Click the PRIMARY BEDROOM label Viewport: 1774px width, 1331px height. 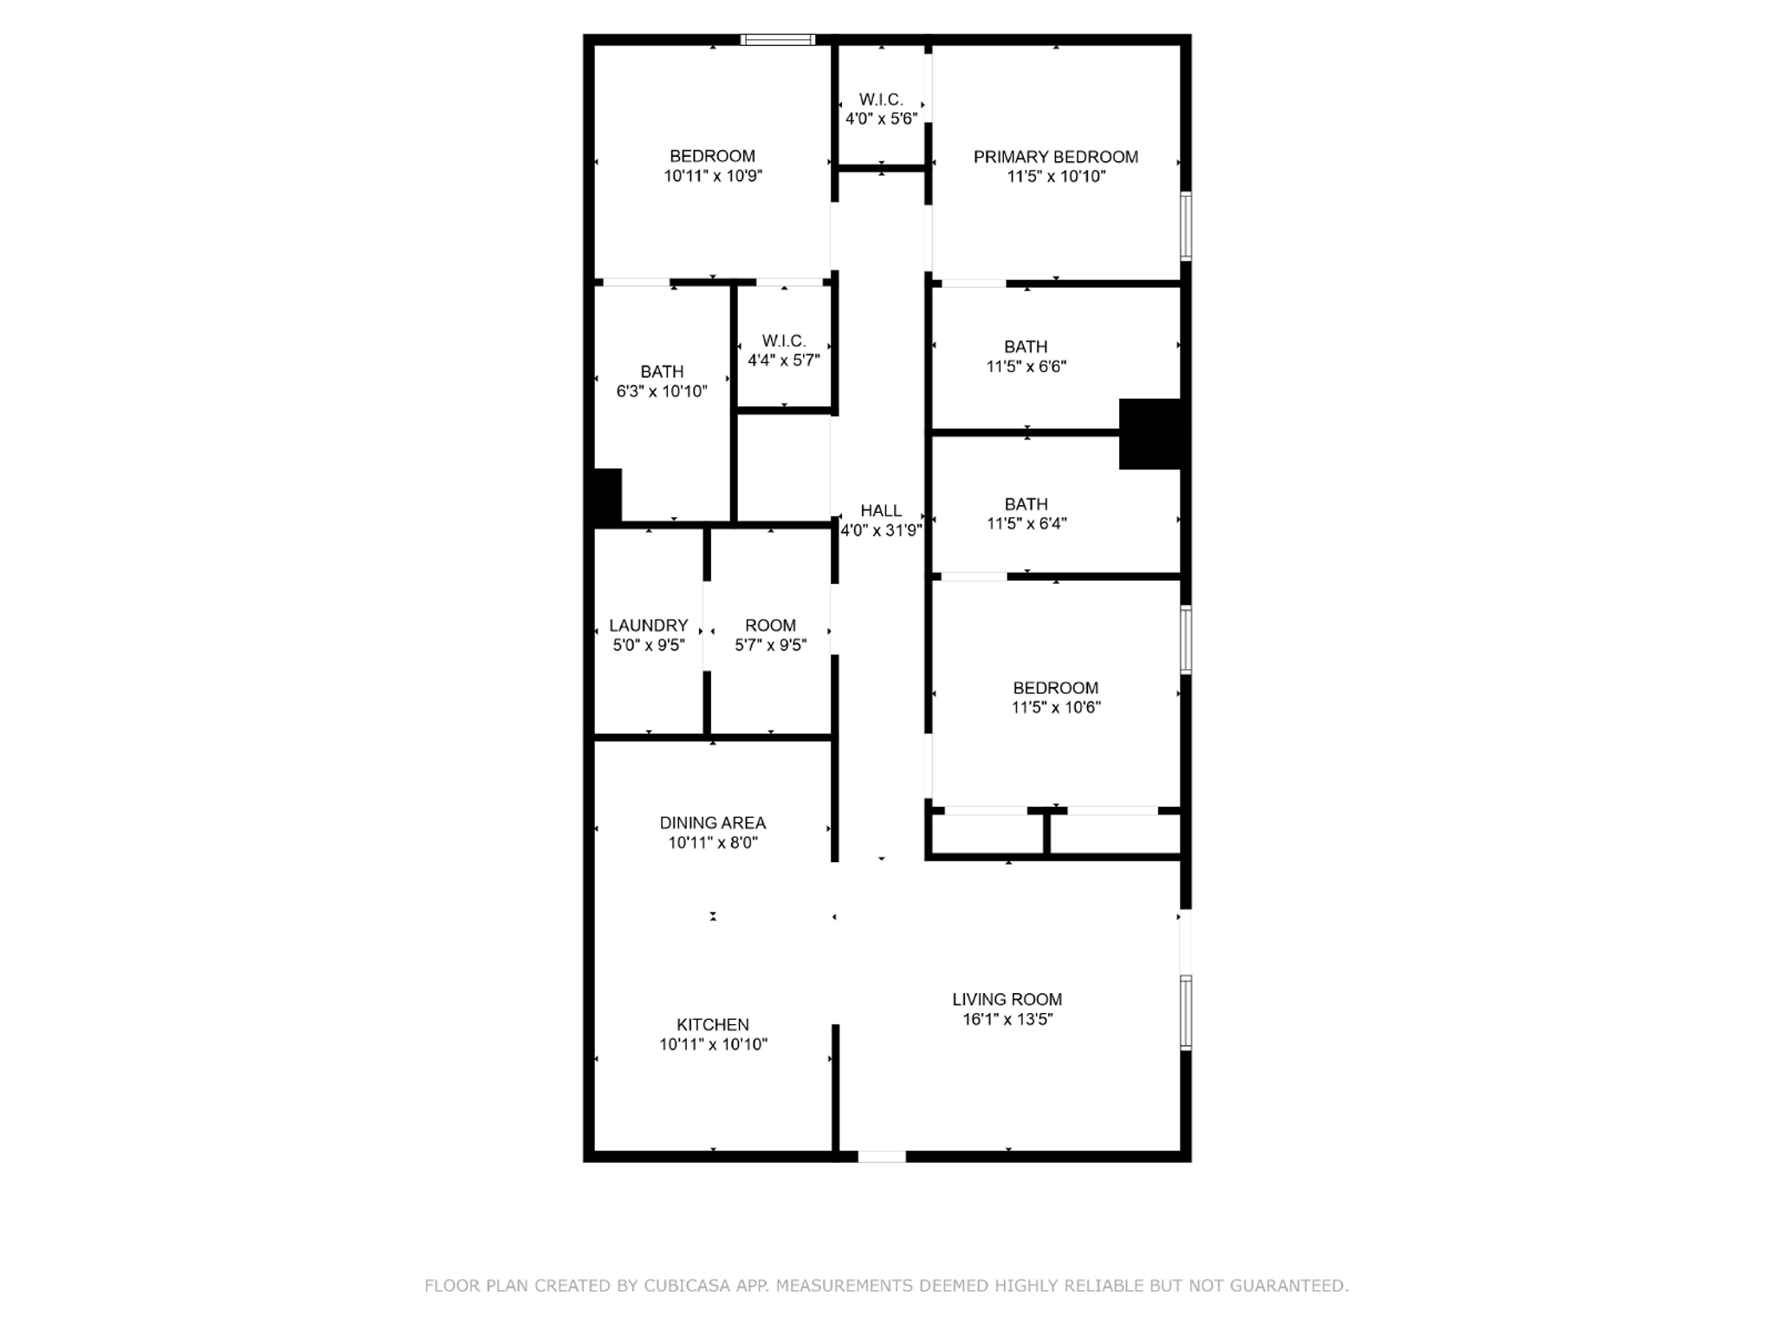pyautogui.click(x=1055, y=157)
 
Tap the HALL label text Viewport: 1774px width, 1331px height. pyautogui.click(x=881, y=510)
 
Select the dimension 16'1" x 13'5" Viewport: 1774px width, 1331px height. pyautogui.click(x=1007, y=1019)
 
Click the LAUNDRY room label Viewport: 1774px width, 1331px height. pyautogui.click(x=648, y=626)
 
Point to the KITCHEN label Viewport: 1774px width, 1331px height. pyautogui.click(x=713, y=1024)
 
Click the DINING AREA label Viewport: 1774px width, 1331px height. pyautogui.click(x=713, y=822)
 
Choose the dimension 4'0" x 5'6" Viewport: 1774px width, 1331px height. pyautogui.click(x=881, y=119)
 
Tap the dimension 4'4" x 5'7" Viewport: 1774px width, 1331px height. pyautogui.click(x=784, y=360)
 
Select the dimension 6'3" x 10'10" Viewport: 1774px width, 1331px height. pyautogui.click(x=662, y=391)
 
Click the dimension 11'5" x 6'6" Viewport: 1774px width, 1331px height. pyautogui.click(x=1026, y=366)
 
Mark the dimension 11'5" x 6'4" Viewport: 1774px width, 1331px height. pyautogui.click(x=1026, y=523)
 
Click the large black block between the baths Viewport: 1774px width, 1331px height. pyautogui.click(x=1149, y=433)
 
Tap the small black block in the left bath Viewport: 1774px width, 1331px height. pyautogui.click(x=607, y=495)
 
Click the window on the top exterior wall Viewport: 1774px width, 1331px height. pyautogui.click(x=778, y=39)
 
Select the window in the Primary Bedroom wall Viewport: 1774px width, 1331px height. pyautogui.click(x=1186, y=225)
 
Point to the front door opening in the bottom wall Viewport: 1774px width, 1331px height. pyautogui.click(x=882, y=1156)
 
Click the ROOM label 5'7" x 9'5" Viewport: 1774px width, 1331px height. pyautogui.click(x=770, y=626)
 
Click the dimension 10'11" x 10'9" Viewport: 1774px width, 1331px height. pyautogui.click(x=713, y=176)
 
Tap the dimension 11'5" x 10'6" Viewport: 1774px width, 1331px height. pyautogui.click(x=1055, y=707)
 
